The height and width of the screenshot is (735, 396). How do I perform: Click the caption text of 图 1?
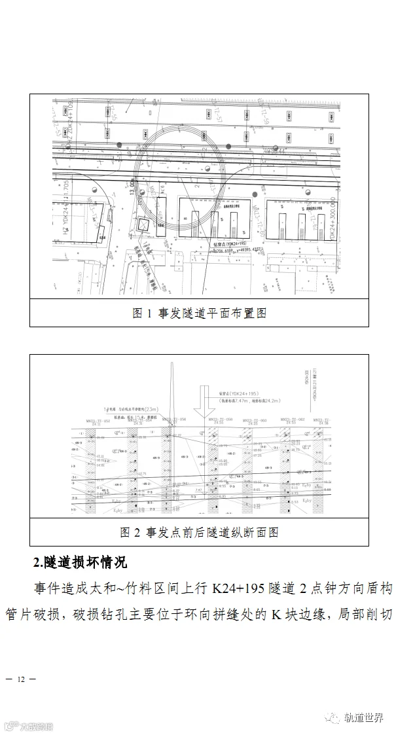pyautogui.click(x=199, y=313)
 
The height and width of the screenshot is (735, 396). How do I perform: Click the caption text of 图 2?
pyautogui.click(x=199, y=531)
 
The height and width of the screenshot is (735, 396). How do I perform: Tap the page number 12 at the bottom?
pyautogui.click(x=21, y=679)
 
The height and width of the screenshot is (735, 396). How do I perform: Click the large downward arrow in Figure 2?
pyautogui.click(x=207, y=404)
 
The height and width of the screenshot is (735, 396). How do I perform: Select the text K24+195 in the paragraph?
pyautogui.click(x=236, y=588)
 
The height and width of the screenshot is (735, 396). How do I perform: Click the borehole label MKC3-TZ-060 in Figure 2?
pyautogui.click(x=254, y=420)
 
